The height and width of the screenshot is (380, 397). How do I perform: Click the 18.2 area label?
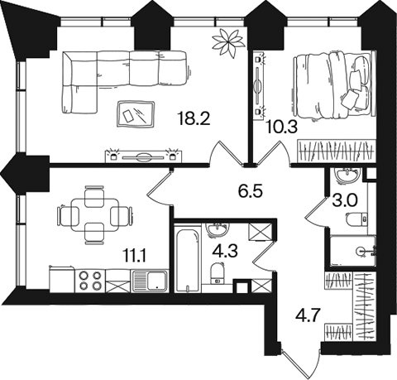point(194,119)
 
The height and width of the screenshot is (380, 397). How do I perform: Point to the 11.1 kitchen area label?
point(134,256)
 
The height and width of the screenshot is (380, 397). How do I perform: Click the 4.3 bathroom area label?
point(225,252)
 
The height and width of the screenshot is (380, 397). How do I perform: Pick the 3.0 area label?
point(345,200)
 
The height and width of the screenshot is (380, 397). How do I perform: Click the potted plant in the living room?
point(229,42)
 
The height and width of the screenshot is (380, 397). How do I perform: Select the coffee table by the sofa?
point(136,114)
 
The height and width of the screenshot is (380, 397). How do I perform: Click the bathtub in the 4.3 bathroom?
point(188,257)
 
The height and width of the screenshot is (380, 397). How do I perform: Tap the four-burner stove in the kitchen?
point(89,281)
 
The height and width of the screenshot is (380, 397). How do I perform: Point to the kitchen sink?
point(150,281)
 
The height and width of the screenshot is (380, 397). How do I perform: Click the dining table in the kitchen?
point(95,214)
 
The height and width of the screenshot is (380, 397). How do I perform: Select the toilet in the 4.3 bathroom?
point(218,273)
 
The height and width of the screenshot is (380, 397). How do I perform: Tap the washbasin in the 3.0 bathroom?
point(347,175)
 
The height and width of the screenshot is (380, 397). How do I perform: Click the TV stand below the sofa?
point(143,156)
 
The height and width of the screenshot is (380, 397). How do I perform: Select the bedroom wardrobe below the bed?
point(337,151)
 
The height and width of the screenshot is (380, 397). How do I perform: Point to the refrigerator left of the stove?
point(62,279)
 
